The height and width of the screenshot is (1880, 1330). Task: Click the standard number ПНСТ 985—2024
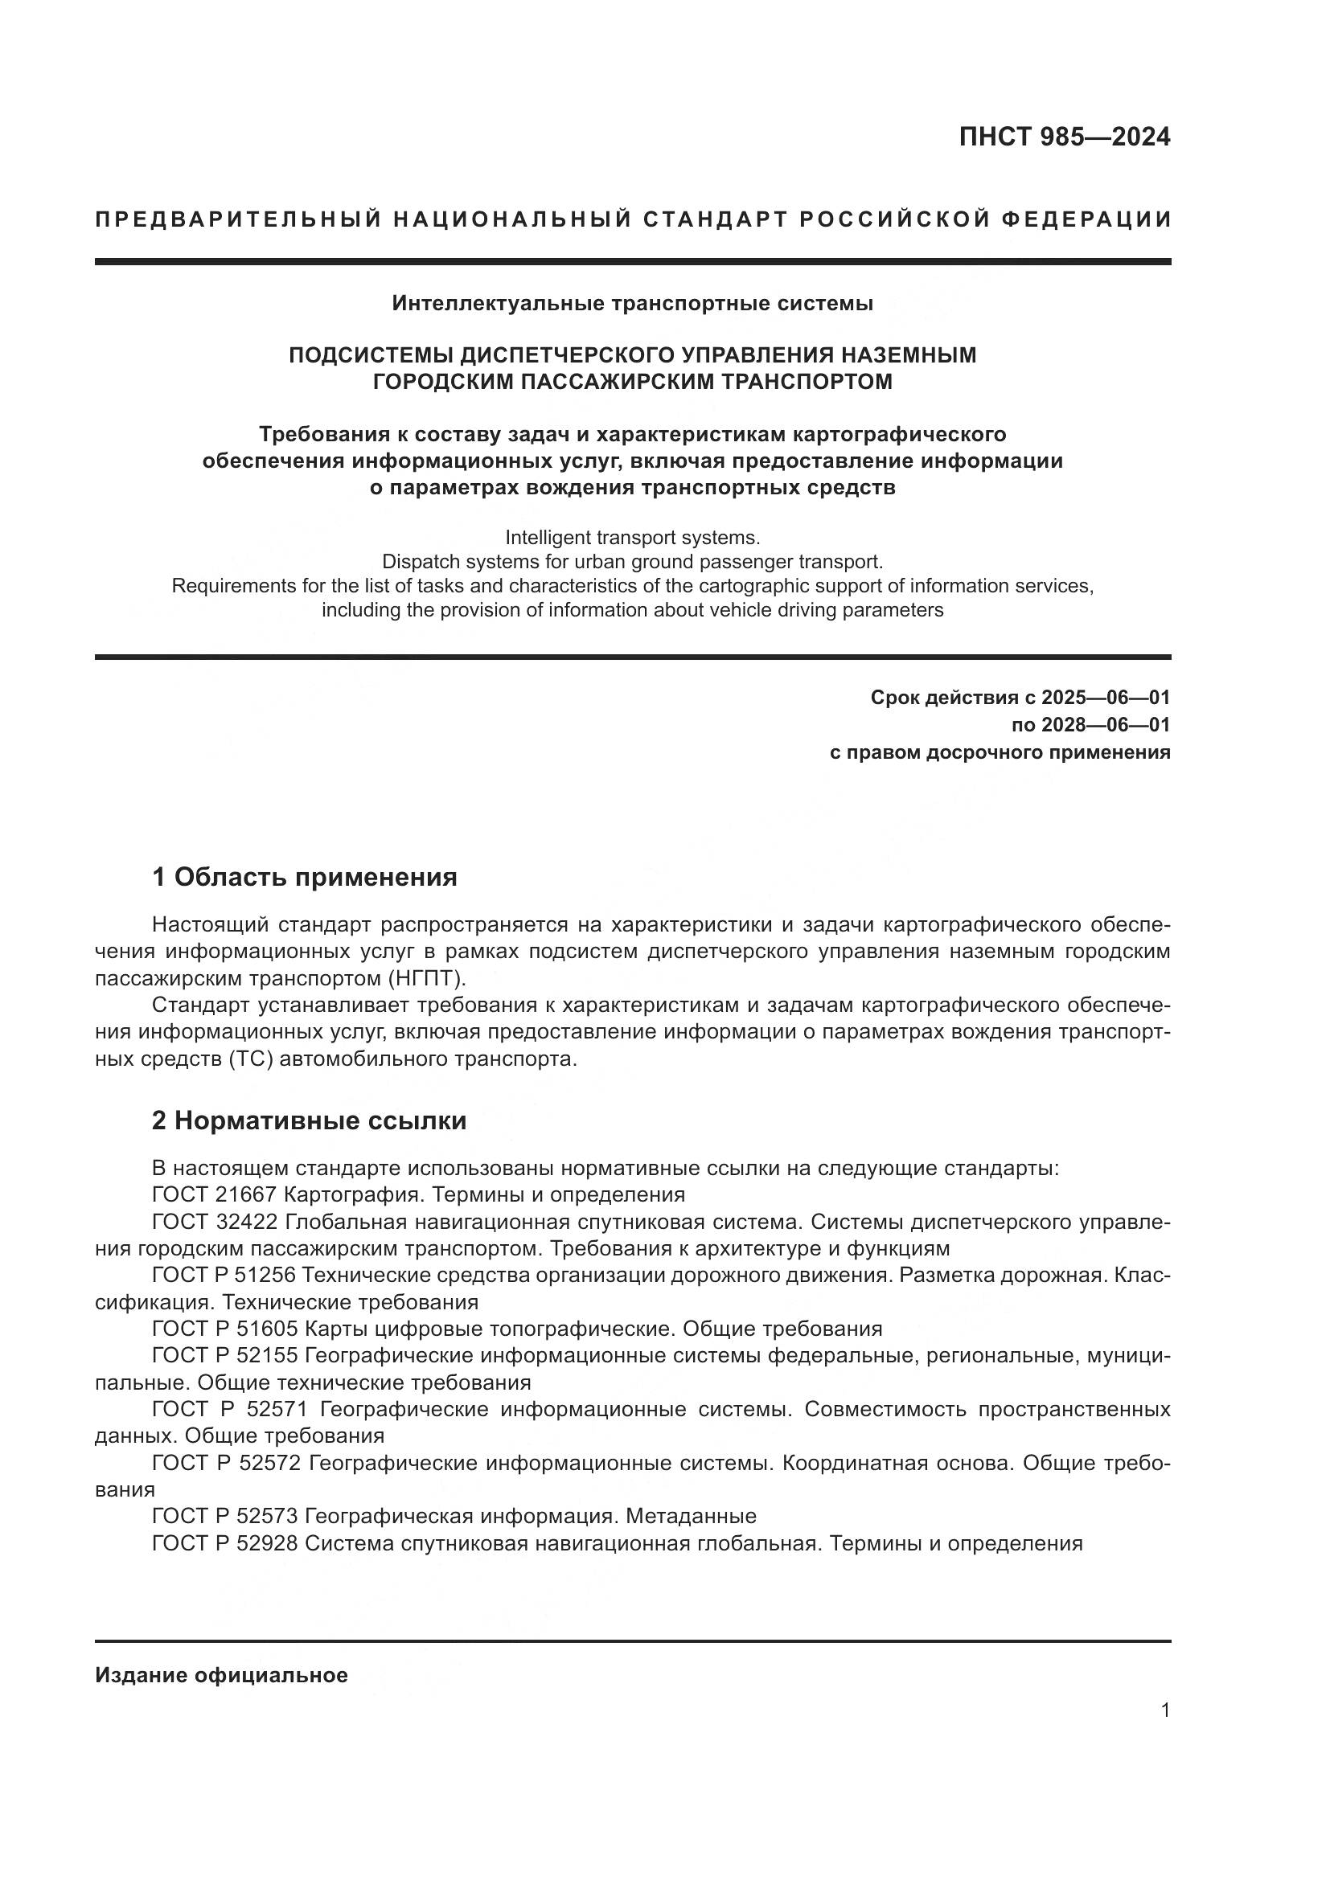tap(1064, 137)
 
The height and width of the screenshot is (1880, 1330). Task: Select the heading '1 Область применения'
tap(304, 877)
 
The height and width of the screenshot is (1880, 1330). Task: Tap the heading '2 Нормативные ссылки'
tap(309, 1120)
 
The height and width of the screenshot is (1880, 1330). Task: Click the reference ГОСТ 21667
tap(214, 1194)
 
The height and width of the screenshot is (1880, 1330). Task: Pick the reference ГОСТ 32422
tap(216, 1222)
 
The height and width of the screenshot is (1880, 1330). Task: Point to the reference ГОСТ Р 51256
tap(225, 1275)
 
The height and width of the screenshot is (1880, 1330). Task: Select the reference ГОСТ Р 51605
tap(225, 1328)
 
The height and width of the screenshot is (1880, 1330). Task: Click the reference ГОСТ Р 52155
tap(225, 1355)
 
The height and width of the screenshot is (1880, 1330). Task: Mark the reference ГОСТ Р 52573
tap(225, 1516)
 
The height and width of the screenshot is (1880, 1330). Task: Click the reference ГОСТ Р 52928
tap(225, 1542)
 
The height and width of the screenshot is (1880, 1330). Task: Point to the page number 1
tap(1164, 1710)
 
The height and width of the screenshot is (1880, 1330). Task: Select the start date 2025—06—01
tap(1105, 698)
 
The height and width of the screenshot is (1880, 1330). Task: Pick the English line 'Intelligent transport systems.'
tap(632, 538)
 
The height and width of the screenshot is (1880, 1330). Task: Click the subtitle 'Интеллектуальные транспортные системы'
tap(632, 304)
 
